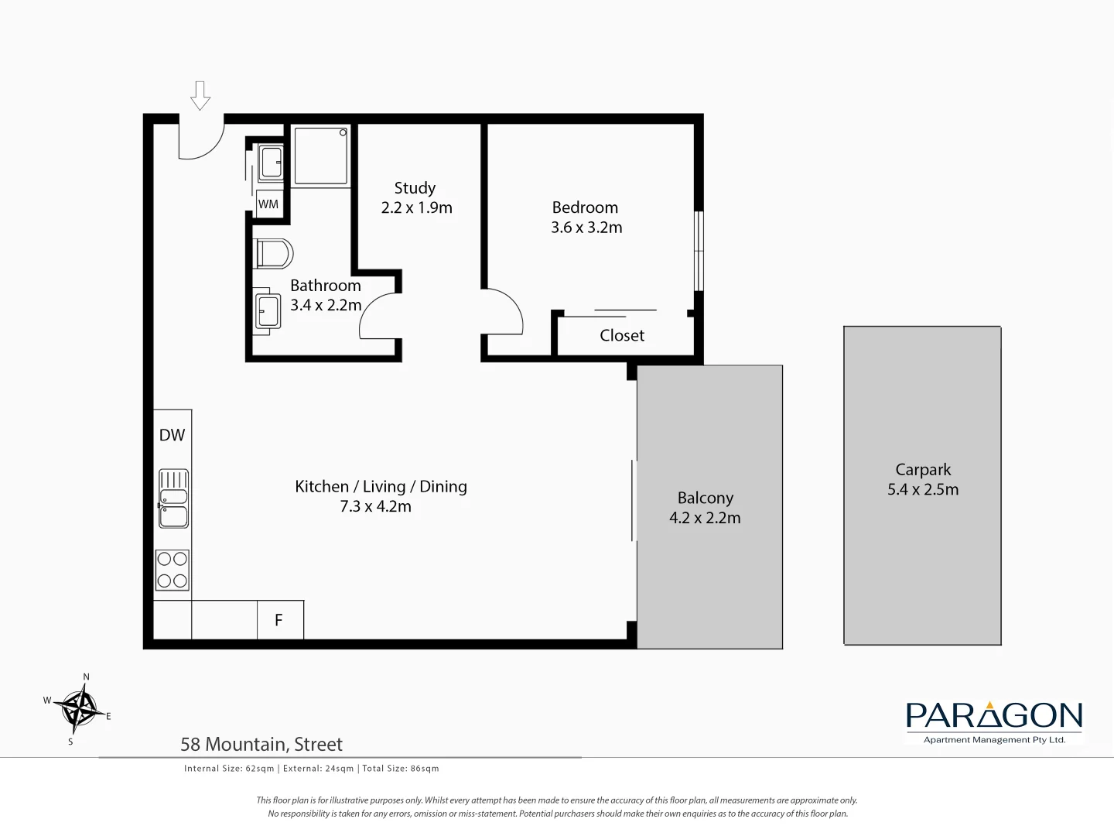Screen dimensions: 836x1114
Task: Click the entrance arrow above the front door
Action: coord(200,95)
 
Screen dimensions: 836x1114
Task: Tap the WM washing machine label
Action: coord(268,204)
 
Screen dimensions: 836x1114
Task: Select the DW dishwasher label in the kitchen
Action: coord(172,435)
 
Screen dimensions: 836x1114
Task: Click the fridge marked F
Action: coord(279,620)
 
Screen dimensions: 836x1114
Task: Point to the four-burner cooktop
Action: coord(173,570)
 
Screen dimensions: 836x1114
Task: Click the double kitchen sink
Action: coord(173,499)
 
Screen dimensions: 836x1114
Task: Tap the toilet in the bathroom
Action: coord(273,253)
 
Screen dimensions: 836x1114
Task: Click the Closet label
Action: coord(622,335)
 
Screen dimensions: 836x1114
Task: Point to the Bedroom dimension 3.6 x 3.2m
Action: coord(586,228)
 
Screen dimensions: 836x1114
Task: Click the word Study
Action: coord(415,188)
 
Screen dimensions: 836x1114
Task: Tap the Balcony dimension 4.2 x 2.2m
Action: coord(705,518)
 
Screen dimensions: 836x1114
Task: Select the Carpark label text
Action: coord(923,470)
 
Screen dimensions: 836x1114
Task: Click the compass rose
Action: coord(80,708)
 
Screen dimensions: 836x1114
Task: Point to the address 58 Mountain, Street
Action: coord(261,745)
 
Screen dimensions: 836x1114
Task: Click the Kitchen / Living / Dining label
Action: coord(381,487)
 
